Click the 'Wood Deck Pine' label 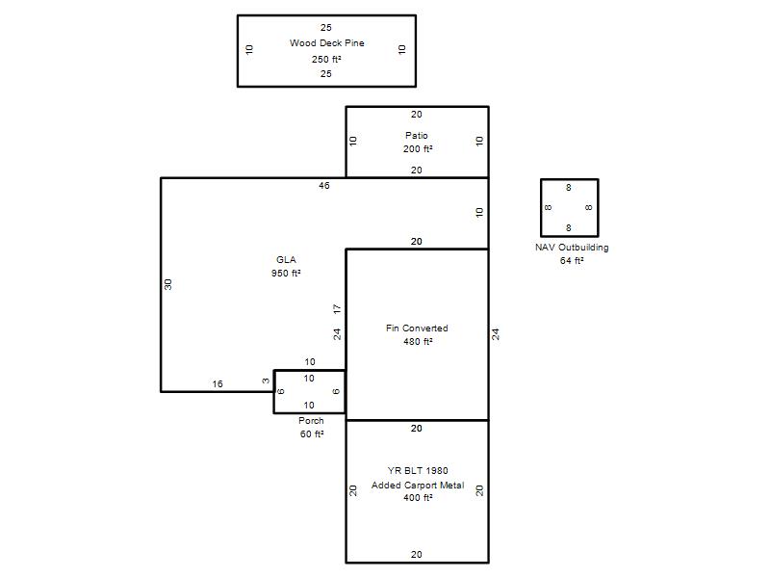(x=326, y=43)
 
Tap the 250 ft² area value (x=326, y=59)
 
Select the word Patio (x=417, y=135)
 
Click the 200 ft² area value (x=418, y=148)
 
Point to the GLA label (x=286, y=259)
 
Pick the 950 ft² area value (x=286, y=273)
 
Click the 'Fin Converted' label (x=417, y=328)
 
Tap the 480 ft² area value (x=418, y=341)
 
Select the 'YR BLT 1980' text (x=418, y=470)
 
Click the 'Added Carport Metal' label (x=418, y=486)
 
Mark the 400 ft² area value (x=418, y=497)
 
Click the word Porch (x=311, y=421)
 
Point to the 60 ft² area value (x=312, y=434)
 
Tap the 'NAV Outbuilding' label (x=572, y=248)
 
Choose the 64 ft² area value (x=572, y=260)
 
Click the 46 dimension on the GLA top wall (x=324, y=185)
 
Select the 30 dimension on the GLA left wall (x=167, y=284)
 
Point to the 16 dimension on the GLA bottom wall (x=218, y=383)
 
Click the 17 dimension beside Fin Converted (x=337, y=309)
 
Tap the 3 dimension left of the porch (x=266, y=381)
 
